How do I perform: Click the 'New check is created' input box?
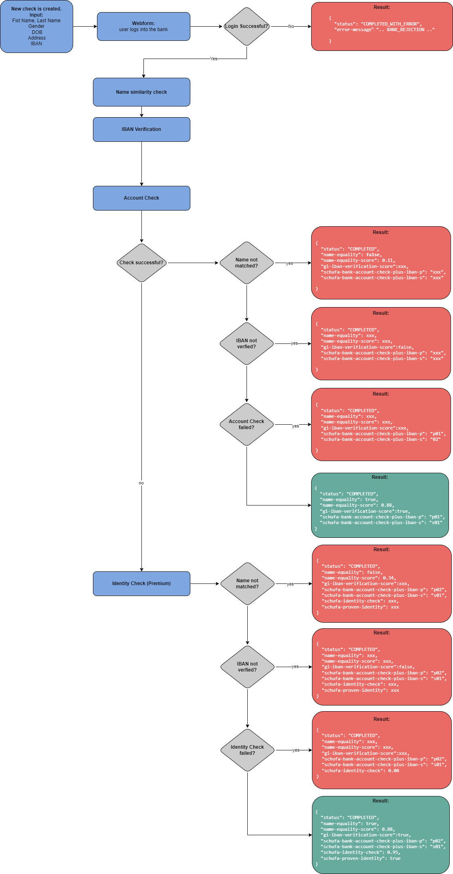pyautogui.click(x=36, y=26)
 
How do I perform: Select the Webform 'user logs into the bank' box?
pyautogui.click(x=143, y=26)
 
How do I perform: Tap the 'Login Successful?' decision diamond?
pyautogui.click(x=247, y=26)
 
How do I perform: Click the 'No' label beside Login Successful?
pyautogui.click(x=291, y=27)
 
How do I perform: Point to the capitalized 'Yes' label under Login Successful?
pyautogui.click(x=213, y=59)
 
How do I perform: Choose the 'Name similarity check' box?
pyautogui.click(x=141, y=92)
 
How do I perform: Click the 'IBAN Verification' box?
pyautogui.click(x=141, y=129)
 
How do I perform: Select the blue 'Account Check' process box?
pyautogui.click(x=141, y=198)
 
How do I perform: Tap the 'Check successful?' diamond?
pyautogui.click(x=141, y=263)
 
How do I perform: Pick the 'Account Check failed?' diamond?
pyautogui.click(x=247, y=424)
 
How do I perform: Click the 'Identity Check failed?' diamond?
pyautogui.click(x=247, y=750)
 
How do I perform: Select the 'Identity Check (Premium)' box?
pyautogui.click(x=141, y=583)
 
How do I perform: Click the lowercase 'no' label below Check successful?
pyautogui.click(x=141, y=483)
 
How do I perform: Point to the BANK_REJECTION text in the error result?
pyautogui.click(x=405, y=30)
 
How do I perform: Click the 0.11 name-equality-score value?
pyautogui.click(x=388, y=261)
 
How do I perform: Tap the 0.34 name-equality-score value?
pyautogui.click(x=389, y=578)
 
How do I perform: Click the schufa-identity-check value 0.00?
pyautogui.click(x=393, y=771)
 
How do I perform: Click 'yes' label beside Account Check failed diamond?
pyautogui.click(x=295, y=426)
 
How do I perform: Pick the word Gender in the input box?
pyautogui.click(x=36, y=26)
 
